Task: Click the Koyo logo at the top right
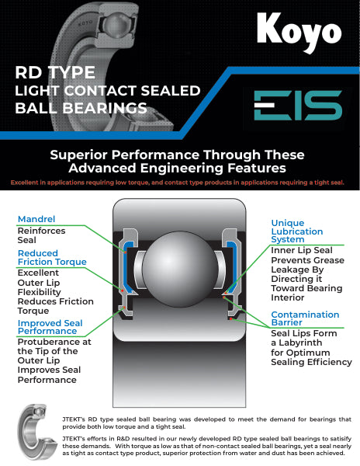299,32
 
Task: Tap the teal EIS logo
298,105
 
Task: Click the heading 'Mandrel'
36,219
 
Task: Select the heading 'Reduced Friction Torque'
52,257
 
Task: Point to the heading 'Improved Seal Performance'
50,327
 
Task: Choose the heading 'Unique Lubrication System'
297,231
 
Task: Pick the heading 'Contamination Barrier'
305,318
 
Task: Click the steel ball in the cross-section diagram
180,269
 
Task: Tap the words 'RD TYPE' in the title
55,72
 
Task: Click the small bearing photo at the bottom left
37,432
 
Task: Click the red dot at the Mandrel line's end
125,252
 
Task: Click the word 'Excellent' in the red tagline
25,183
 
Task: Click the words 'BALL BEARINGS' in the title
81,108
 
